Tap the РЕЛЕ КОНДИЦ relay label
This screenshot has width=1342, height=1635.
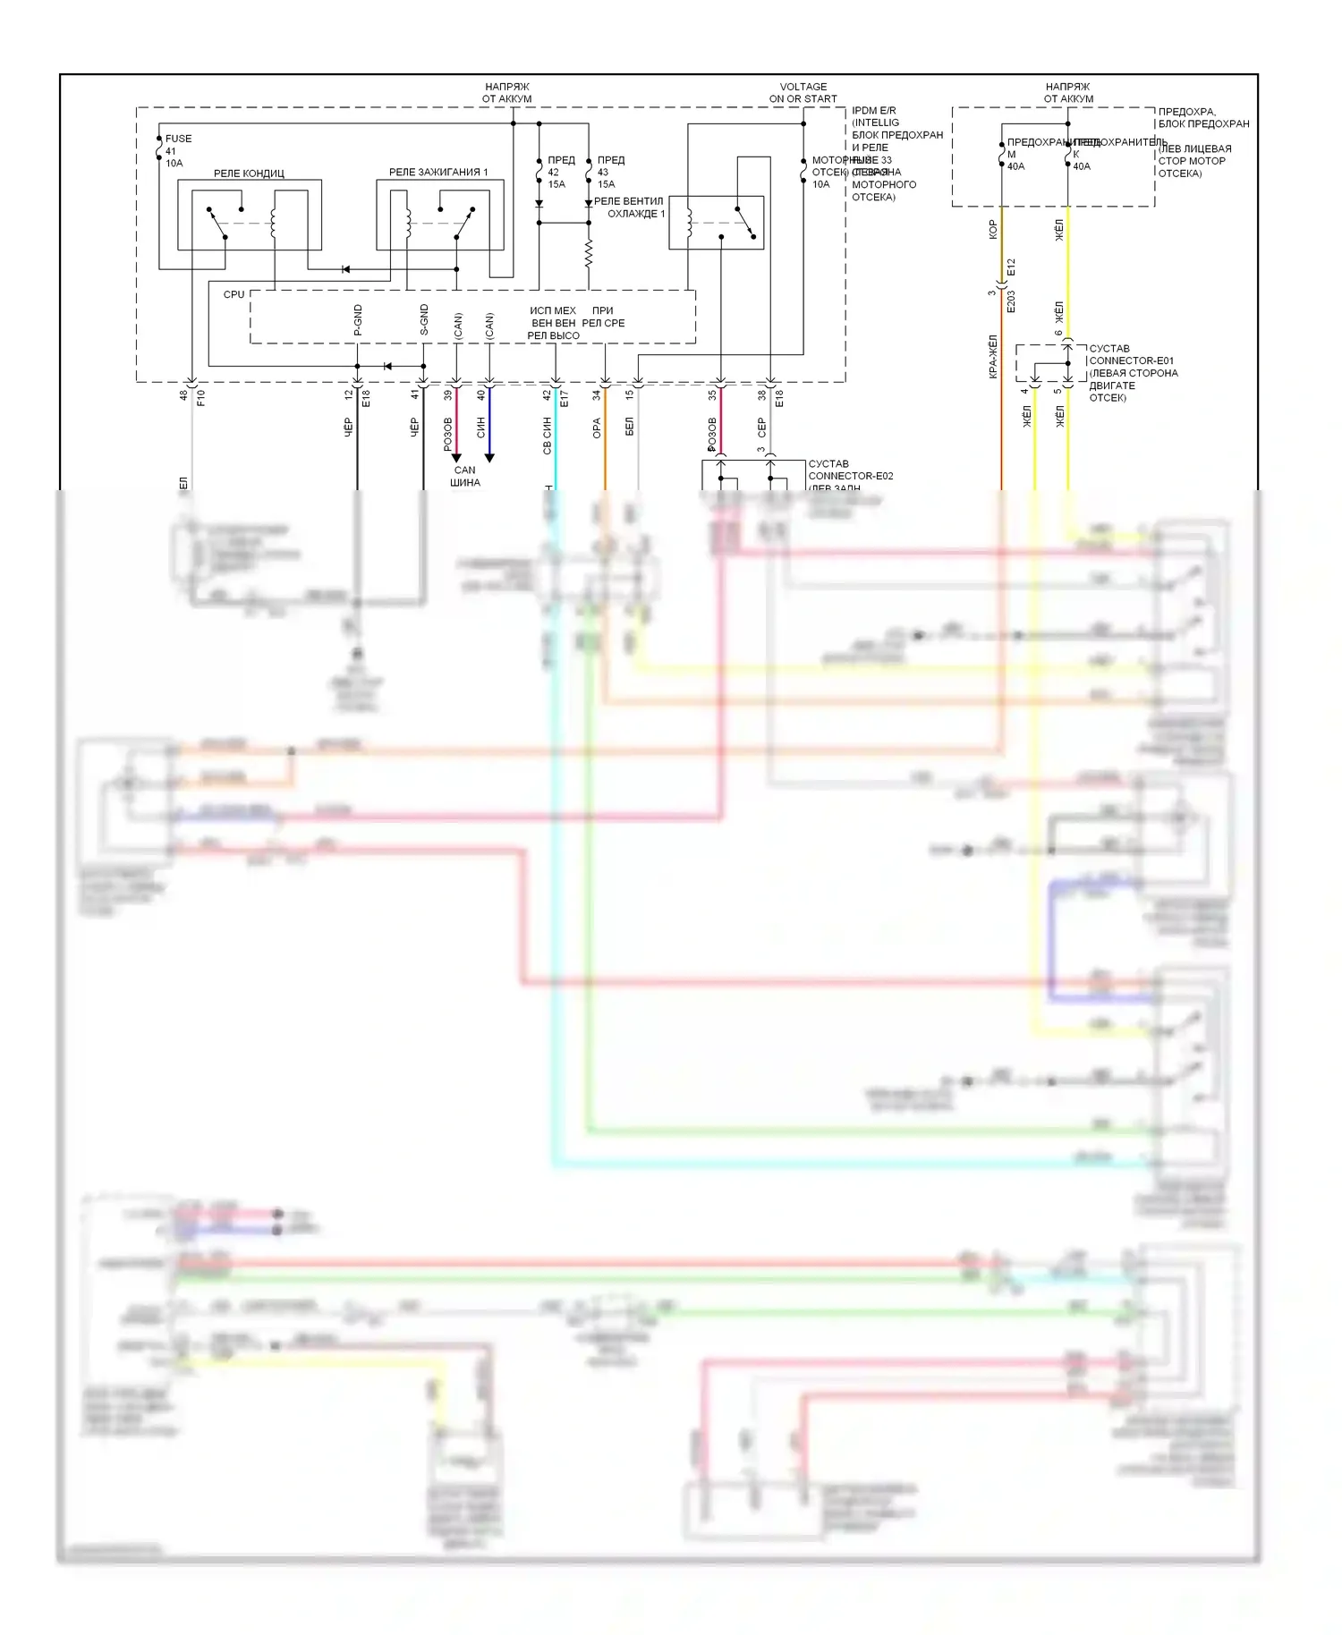click(249, 174)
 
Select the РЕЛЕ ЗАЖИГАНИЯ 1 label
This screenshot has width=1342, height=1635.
click(438, 172)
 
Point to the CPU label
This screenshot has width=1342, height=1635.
click(234, 294)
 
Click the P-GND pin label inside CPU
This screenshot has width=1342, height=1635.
click(358, 320)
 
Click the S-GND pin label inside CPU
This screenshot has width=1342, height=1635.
click(424, 320)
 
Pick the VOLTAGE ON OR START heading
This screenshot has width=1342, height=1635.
click(803, 93)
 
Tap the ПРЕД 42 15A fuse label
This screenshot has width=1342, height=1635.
click(560, 172)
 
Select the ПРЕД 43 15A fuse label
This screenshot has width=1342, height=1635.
click(610, 172)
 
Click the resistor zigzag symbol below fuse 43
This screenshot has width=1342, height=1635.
click(589, 254)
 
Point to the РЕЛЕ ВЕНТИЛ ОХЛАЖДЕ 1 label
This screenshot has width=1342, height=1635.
click(629, 208)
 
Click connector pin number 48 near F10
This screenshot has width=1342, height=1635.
click(184, 394)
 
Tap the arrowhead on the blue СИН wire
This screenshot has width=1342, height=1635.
click(489, 458)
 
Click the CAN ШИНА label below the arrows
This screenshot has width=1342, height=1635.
click(465, 476)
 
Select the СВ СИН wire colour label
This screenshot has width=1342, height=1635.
click(548, 436)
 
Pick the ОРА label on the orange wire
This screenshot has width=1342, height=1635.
click(597, 428)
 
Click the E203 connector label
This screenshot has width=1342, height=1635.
click(1012, 301)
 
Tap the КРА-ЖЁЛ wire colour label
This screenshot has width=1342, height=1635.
click(992, 357)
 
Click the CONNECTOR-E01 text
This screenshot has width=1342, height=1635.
click(1131, 360)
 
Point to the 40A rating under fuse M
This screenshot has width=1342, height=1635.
click(1016, 166)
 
